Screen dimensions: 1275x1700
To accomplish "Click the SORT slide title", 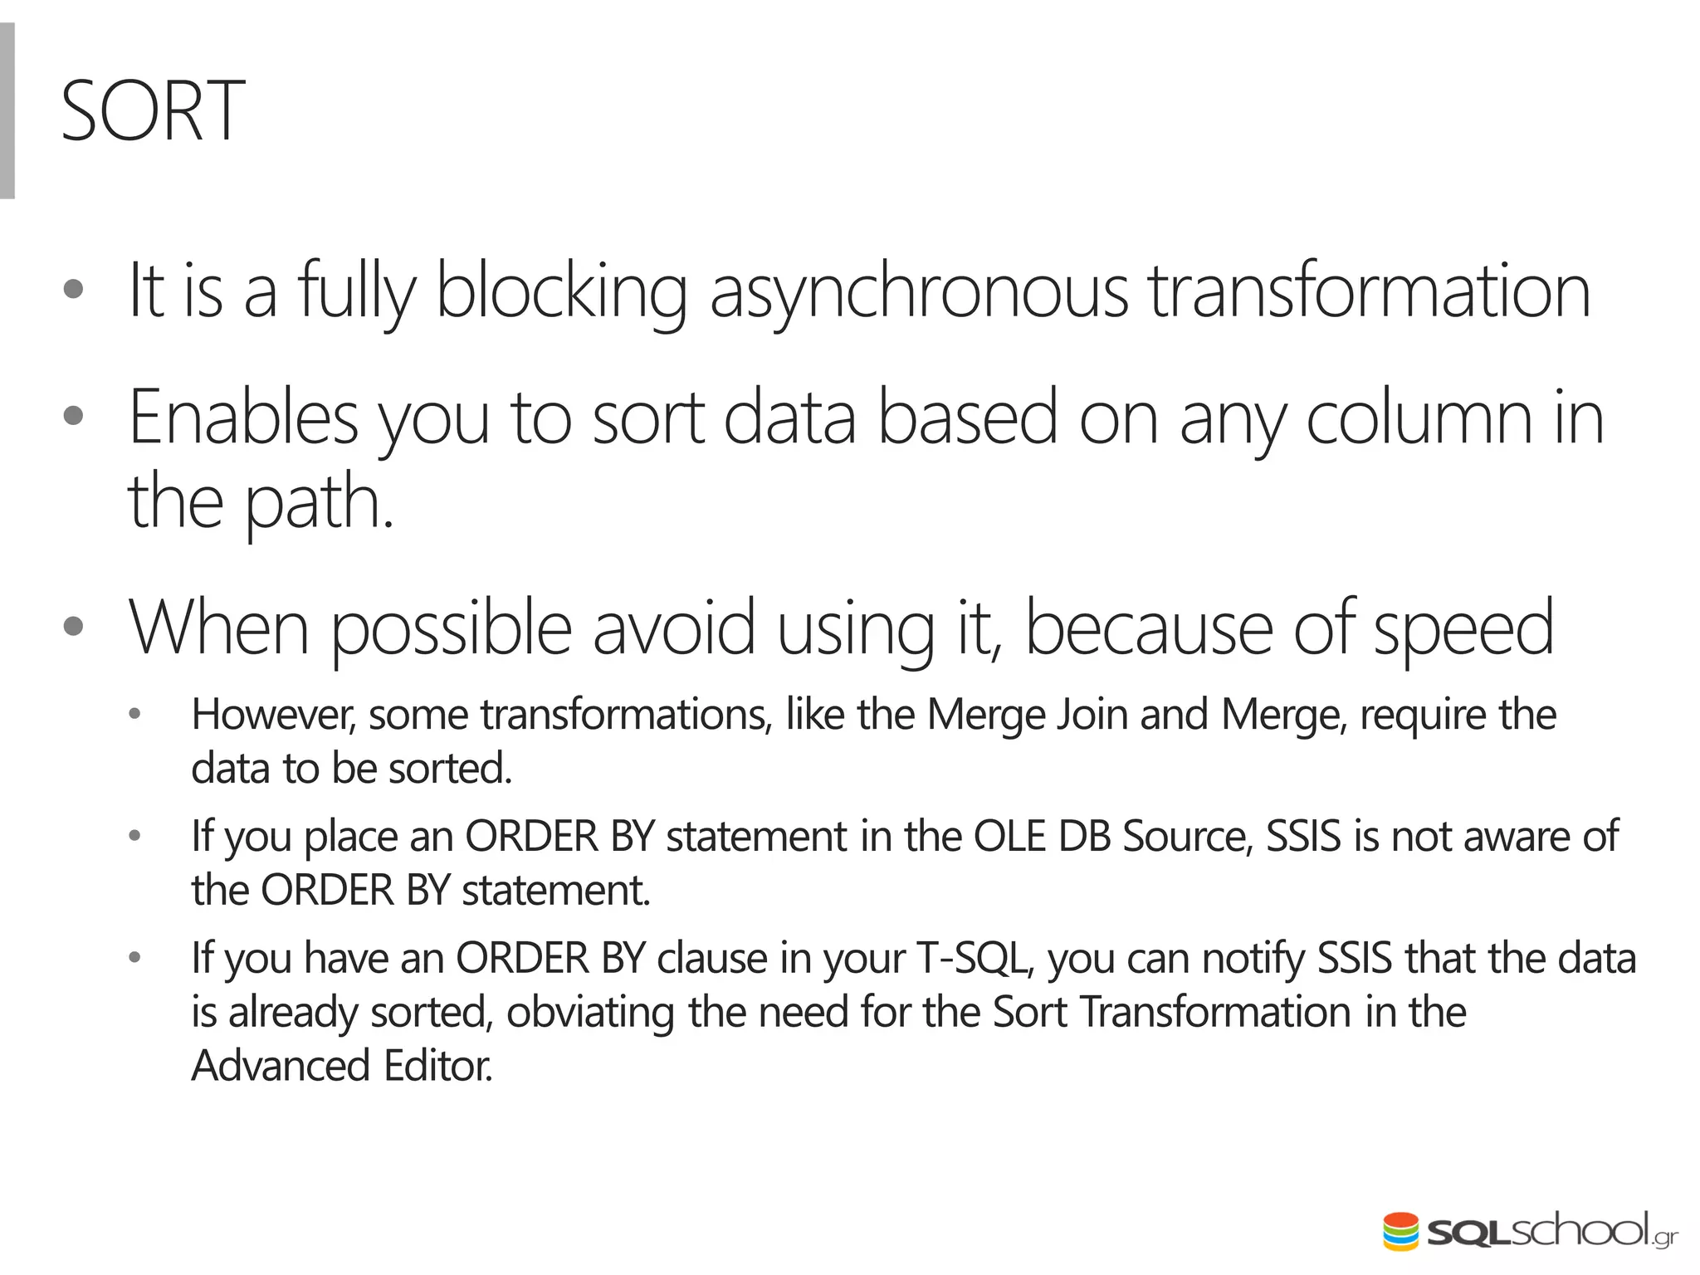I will coord(153,111).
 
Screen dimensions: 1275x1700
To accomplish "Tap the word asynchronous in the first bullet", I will coord(919,291).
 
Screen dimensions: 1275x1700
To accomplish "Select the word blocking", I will coord(561,291).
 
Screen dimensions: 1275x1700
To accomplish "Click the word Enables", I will coord(243,418).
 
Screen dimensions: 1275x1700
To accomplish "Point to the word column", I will coord(1419,418).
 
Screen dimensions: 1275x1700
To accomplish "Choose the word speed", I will coord(1463,628).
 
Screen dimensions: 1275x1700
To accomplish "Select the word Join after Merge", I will coord(1092,715).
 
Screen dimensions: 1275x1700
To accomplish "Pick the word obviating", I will coord(590,1013).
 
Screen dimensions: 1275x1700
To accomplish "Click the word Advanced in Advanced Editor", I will coord(280,1066).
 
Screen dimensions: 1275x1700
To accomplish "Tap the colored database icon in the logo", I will coord(1401,1230).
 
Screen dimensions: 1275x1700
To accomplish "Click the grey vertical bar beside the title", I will coord(7,111).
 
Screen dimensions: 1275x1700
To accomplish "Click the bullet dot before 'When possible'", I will coord(73,627).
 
